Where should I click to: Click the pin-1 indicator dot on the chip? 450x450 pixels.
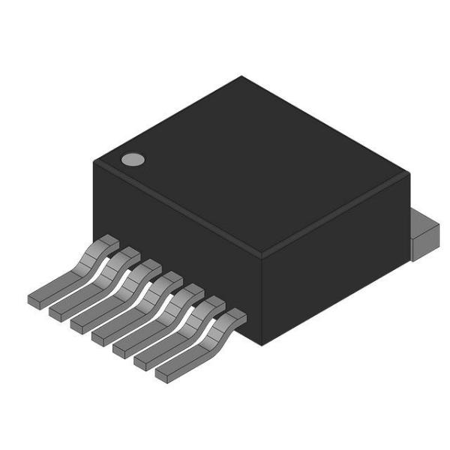(133, 159)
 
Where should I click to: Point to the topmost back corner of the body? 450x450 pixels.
(241, 76)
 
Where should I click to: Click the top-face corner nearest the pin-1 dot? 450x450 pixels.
(93, 162)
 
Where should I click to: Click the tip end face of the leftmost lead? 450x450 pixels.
(34, 300)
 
